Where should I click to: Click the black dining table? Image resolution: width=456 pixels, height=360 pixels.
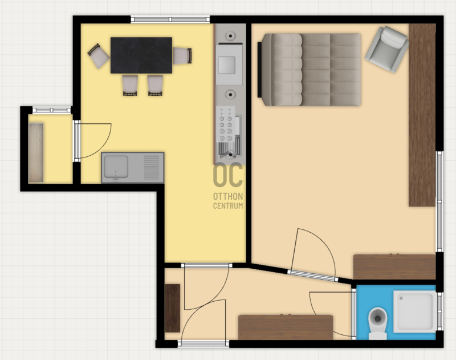point(141,55)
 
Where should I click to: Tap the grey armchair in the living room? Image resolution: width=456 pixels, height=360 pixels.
point(387,49)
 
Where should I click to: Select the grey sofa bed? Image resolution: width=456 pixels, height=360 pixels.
point(310,70)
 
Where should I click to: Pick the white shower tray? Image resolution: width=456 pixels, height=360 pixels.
point(415,312)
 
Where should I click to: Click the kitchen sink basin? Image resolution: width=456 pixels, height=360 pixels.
point(116,167)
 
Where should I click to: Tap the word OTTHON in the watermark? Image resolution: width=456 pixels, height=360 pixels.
point(228,196)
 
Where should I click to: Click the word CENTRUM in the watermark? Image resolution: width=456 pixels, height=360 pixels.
point(228,206)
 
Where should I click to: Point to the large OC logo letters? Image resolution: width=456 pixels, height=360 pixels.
point(228,175)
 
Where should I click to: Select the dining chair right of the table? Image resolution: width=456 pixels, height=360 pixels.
point(182,55)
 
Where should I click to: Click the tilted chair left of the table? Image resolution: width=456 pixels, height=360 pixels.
point(99,56)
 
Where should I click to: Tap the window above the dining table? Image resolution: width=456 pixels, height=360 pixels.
point(170,19)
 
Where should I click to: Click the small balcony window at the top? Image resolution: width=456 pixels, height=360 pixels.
point(51,110)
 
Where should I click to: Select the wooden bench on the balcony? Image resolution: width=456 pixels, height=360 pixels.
point(36,153)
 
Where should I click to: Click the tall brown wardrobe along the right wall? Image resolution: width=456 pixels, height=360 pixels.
point(422,115)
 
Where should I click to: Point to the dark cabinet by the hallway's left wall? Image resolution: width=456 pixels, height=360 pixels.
point(173,308)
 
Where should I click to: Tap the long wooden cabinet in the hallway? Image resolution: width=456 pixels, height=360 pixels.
point(286,327)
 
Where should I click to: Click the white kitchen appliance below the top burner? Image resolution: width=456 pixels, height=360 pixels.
point(229,64)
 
